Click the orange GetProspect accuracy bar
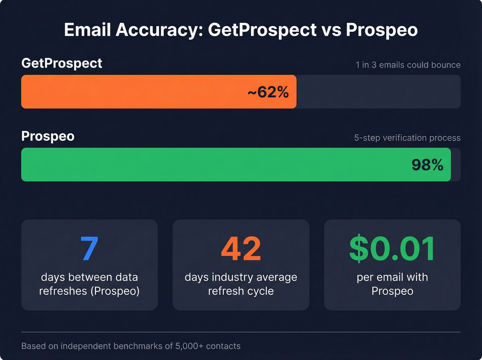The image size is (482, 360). (x=138, y=92)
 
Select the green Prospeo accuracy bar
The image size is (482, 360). (x=207, y=165)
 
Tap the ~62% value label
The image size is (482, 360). (x=268, y=92)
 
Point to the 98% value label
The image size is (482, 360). (x=427, y=165)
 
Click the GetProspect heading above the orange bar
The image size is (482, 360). (x=62, y=63)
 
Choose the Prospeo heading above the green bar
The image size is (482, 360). (x=48, y=136)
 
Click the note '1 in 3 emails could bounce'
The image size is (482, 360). (x=408, y=65)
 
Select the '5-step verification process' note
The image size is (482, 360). (x=407, y=138)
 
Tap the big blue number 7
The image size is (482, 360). (x=90, y=248)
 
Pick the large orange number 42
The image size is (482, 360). (x=241, y=248)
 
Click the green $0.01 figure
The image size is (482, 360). (x=392, y=248)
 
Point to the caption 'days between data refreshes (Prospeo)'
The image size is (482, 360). (x=90, y=284)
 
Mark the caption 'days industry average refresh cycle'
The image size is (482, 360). (x=241, y=284)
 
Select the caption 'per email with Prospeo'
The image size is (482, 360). (x=392, y=284)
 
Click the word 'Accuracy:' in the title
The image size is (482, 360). (x=159, y=30)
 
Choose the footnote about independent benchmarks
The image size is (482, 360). (x=131, y=346)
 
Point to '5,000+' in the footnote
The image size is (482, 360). (x=189, y=346)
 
